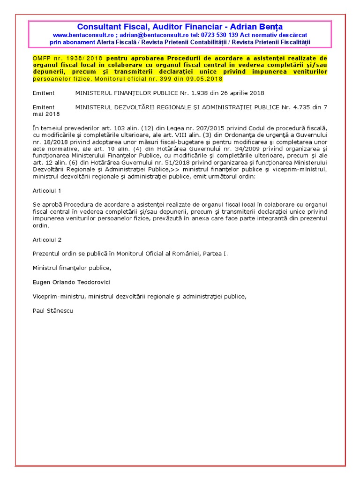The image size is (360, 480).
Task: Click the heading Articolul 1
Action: tap(47, 191)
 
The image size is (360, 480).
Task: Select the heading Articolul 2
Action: tap(47, 240)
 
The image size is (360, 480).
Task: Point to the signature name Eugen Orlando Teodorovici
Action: tap(72, 282)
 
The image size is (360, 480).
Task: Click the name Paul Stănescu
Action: tap(53, 311)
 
